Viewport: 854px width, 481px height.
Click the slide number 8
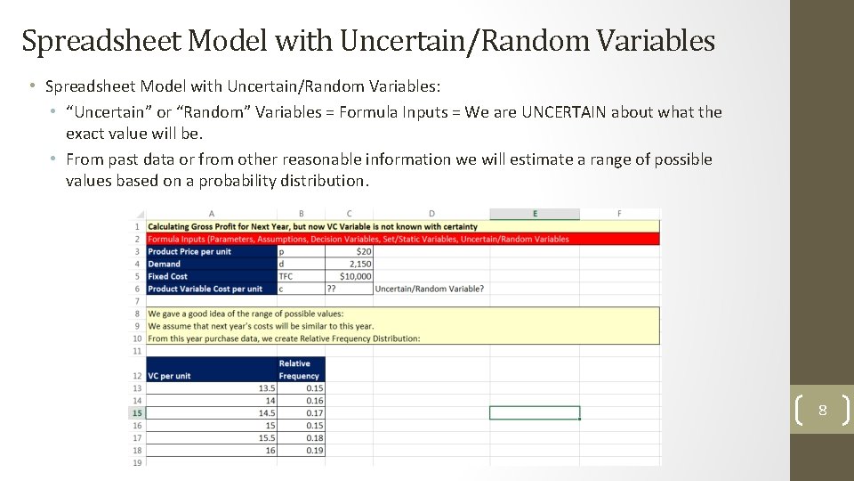tap(822, 411)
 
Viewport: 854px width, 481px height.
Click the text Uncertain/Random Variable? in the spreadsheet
tap(430, 289)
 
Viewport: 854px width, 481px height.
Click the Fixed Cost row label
tap(168, 276)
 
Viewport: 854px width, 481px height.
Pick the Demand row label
tap(165, 264)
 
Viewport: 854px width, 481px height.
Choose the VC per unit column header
tap(170, 376)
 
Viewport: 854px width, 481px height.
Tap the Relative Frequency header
tap(301, 370)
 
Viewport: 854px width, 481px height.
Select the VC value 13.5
tap(266, 388)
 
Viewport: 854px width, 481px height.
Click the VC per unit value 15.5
tap(266, 438)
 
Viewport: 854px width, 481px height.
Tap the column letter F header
tap(619, 214)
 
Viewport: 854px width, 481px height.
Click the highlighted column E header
tap(535, 214)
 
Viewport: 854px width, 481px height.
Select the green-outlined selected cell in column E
tap(534, 413)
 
